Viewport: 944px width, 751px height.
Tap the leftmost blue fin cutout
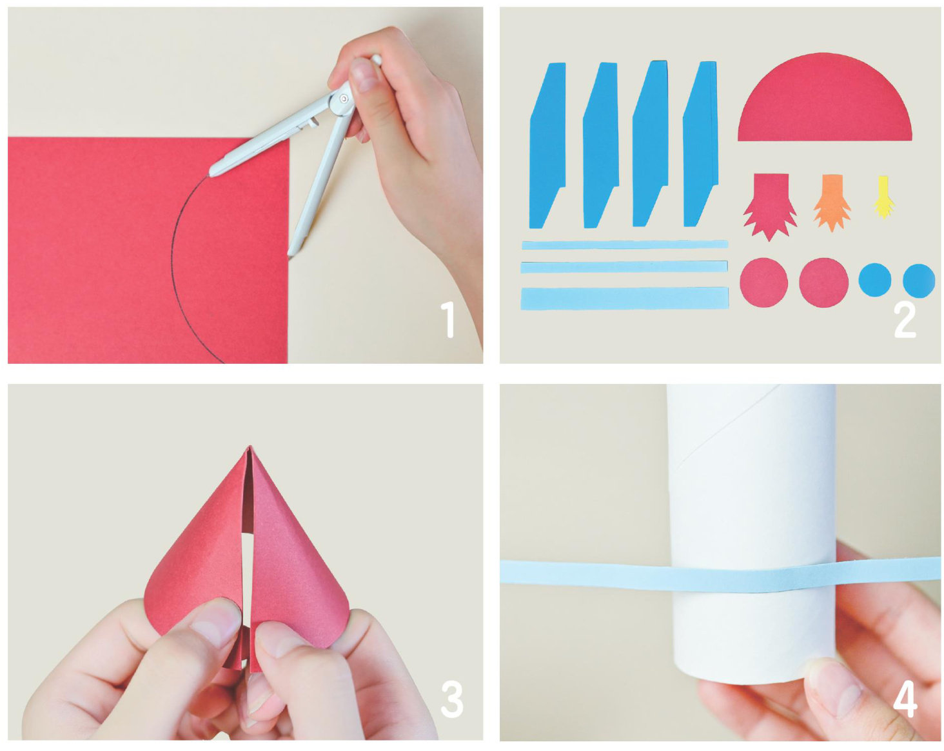point(547,146)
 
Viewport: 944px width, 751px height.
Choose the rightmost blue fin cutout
point(700,144)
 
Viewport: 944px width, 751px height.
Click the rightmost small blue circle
point(919,281)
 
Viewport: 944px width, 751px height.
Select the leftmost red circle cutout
point(763,282)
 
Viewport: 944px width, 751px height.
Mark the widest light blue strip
point(625,299)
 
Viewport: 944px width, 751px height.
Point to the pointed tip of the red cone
point(249,447)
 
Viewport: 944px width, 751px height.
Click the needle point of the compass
point(289,256)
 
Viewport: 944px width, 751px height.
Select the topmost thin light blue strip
point(625,245)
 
